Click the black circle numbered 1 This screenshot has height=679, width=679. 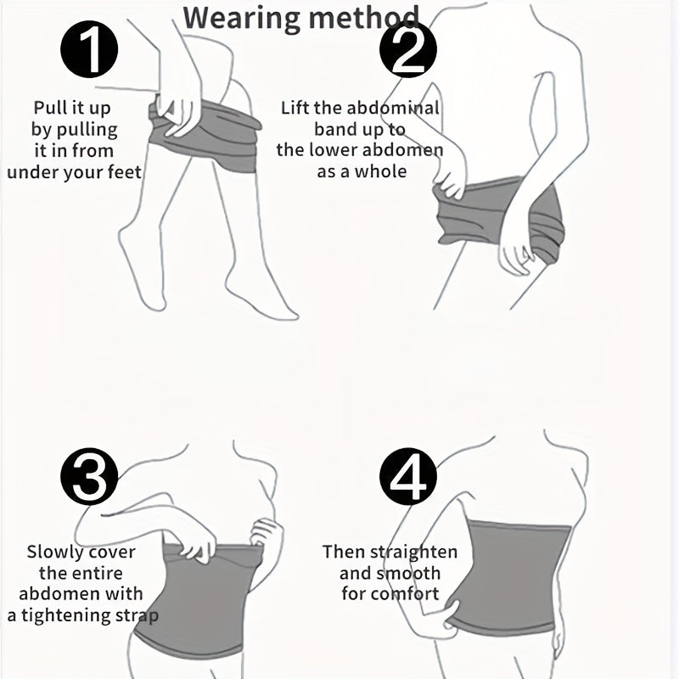[x=89, y=49]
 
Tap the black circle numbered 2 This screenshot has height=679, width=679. [x=408, y=49]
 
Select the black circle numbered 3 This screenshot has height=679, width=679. [x=89, y=476]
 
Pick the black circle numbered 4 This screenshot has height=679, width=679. [x=408, y=476]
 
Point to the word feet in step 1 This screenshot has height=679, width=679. [x=124, y=172]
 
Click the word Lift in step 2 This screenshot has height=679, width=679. [x=295, y=108]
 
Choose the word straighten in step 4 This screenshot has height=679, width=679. [x=414, y=553]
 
